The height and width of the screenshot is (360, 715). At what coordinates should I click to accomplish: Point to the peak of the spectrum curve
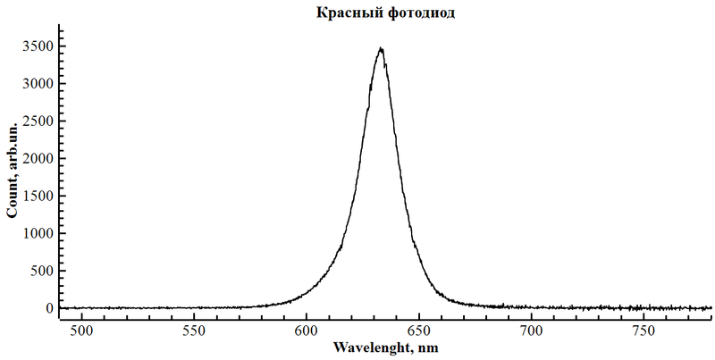[382, 49]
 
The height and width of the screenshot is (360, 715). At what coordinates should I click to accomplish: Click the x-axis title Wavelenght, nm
[385, 346]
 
